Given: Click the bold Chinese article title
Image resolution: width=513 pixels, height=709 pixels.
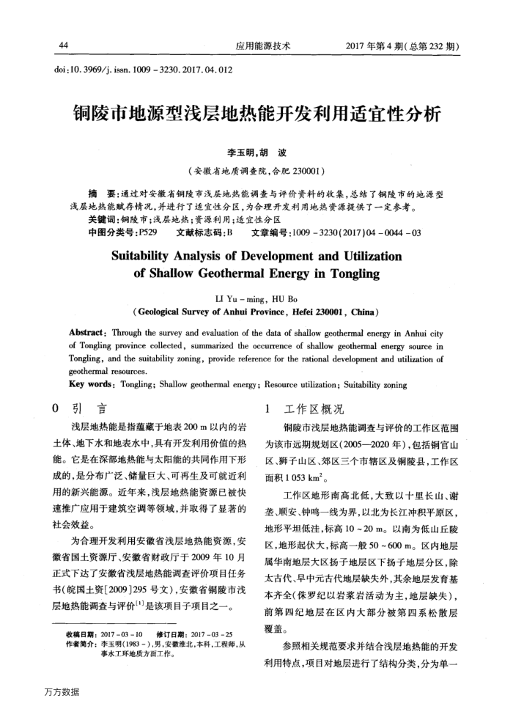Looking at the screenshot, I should [256, 115].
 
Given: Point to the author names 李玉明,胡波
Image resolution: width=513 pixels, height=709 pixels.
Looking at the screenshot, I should [256, 153].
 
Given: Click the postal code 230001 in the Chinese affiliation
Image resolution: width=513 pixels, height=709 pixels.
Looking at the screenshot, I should [302, 172].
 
